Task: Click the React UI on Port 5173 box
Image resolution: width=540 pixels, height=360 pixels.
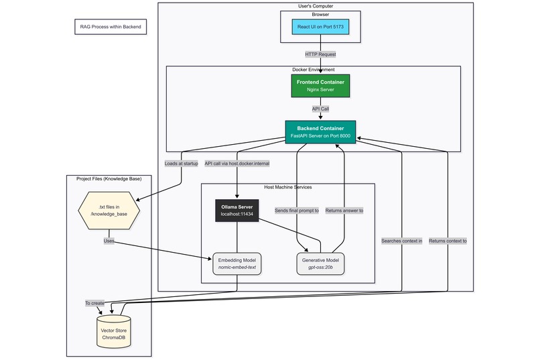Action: coord(320,27)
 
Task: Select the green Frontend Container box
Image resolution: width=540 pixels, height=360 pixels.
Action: coord(320,85)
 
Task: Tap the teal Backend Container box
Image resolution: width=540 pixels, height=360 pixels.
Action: coord(320,131)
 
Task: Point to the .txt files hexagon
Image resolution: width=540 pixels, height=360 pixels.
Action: coord(109,211)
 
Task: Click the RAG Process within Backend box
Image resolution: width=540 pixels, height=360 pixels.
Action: coord(109,27)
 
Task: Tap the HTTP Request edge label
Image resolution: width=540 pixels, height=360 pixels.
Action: coord(320,54)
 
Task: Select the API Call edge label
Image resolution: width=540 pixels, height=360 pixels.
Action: coord(320,108)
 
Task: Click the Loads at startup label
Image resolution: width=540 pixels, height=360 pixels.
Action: coord(181,163)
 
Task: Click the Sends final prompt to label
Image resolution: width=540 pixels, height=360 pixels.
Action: coord(296,211)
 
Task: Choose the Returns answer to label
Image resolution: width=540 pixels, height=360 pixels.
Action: coord(344,211)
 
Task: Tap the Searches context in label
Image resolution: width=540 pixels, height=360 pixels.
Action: coord(401,241)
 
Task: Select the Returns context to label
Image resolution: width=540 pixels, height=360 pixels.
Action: coord(448,241)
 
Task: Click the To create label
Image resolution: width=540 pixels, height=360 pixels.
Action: coord(94,303)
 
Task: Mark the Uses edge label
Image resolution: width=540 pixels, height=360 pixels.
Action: coord(109,240)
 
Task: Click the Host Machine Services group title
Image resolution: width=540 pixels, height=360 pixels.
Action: coord(288,187)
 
